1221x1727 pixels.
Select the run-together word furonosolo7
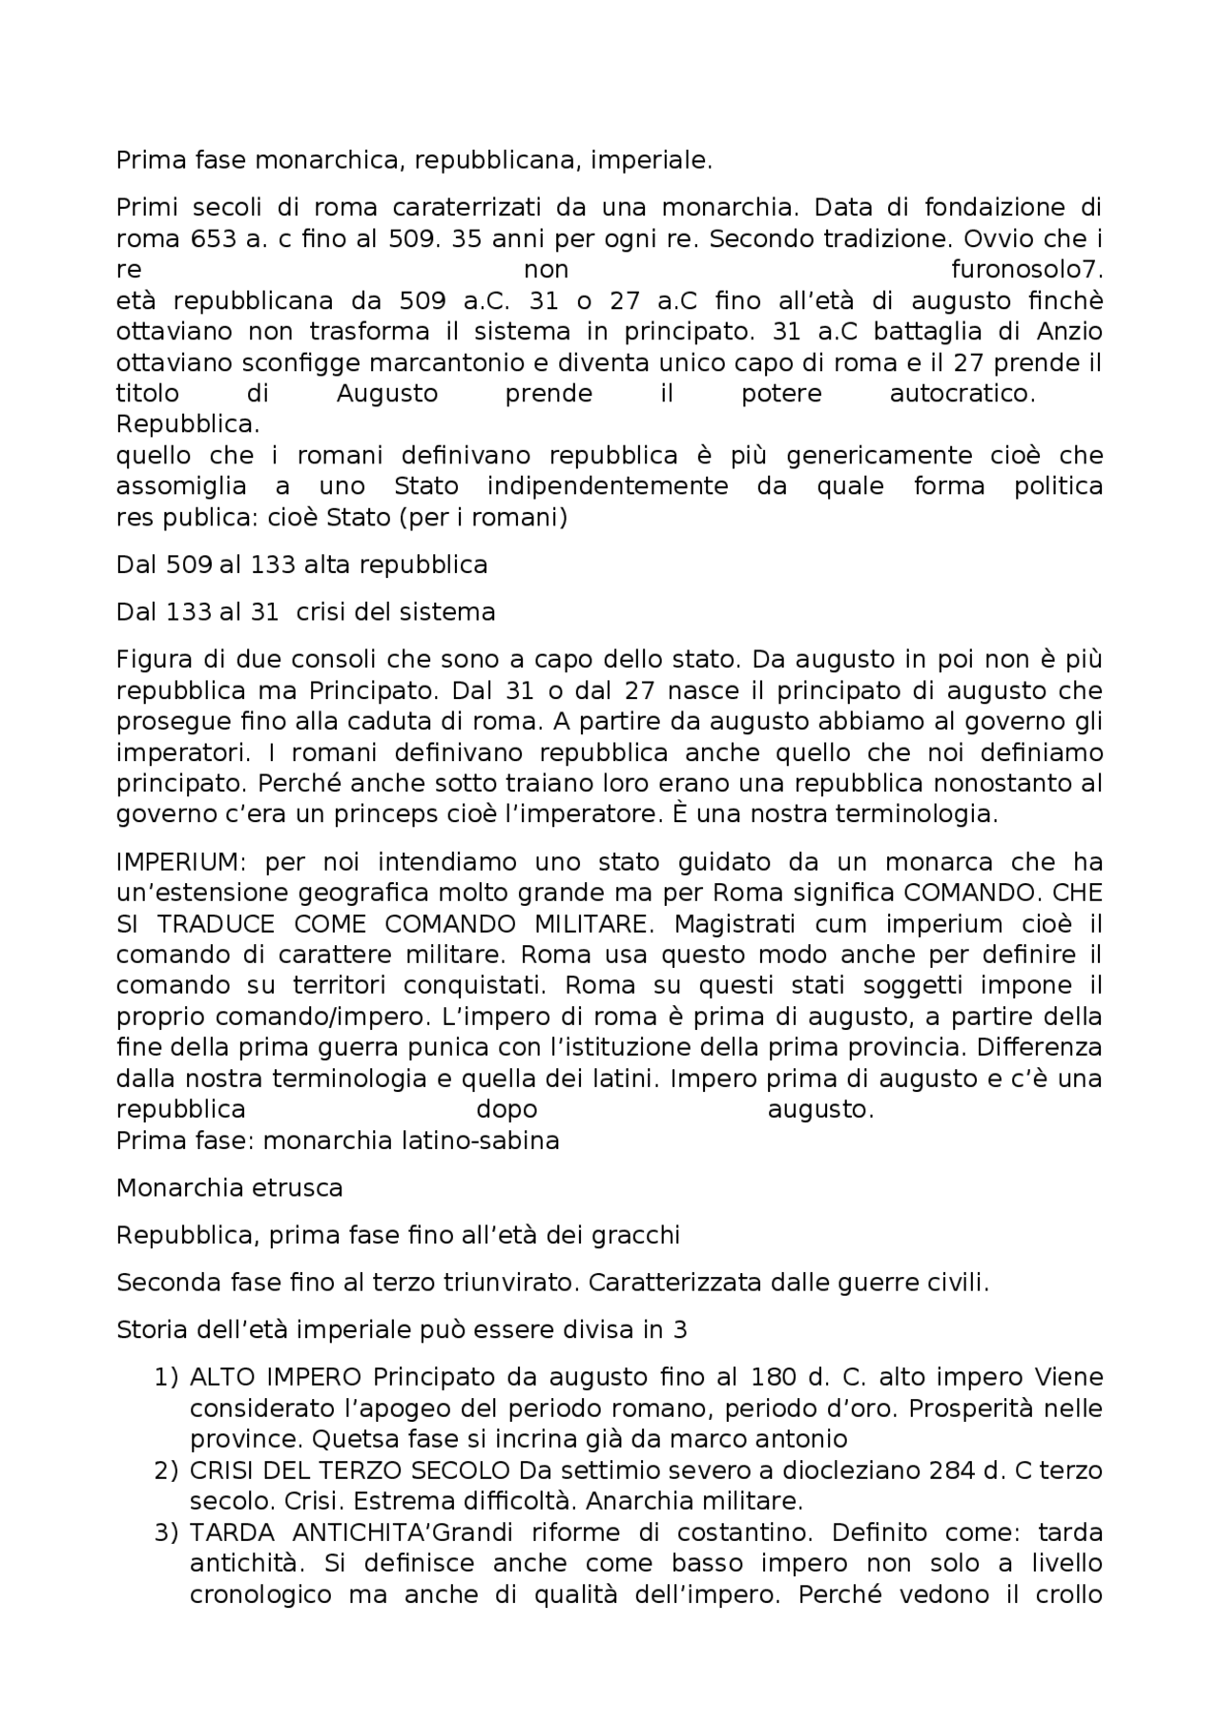(x=1026, y=270)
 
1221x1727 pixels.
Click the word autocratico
(x=962, y=394)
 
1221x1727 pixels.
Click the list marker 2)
(x=166, y=1470)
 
